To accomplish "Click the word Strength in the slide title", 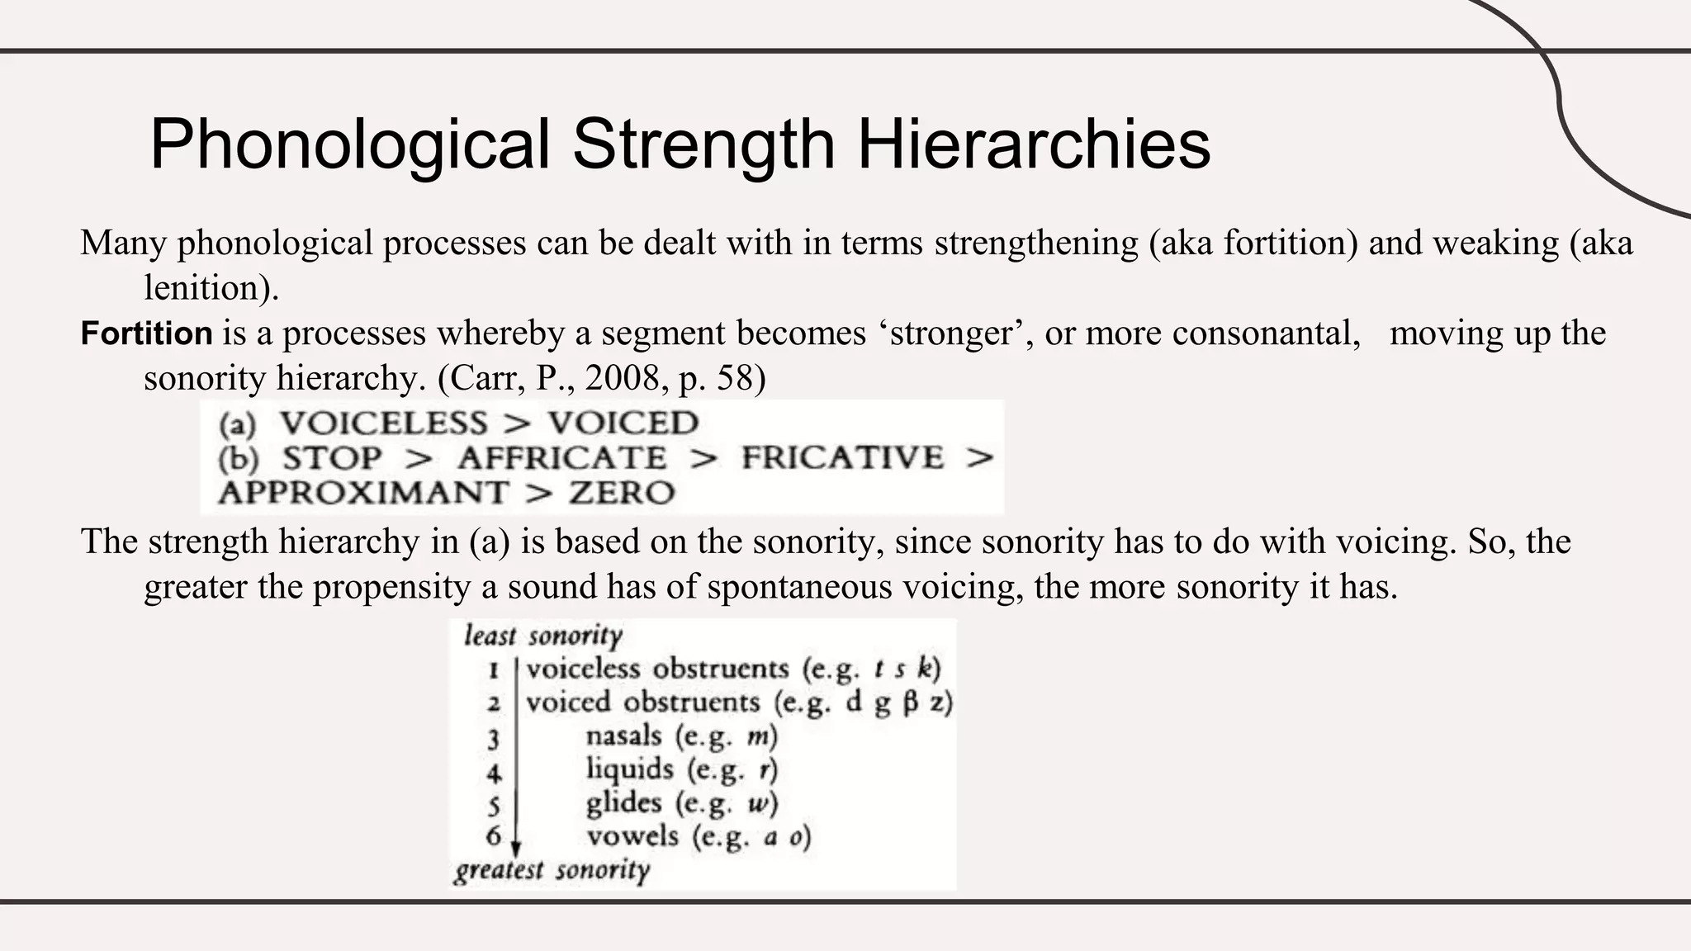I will (704, 145).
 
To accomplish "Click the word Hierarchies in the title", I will (1034, 145).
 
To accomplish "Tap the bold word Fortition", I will (147, 334).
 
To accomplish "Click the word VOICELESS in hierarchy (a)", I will (384, 423).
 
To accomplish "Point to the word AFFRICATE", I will (561, 458).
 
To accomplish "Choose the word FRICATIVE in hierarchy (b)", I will (842, 458).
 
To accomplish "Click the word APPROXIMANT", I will (363, 494).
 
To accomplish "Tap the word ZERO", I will (622, 494).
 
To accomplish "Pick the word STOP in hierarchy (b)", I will (333, 458).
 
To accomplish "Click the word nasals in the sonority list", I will (623, 736).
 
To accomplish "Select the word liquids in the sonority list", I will (629, 769).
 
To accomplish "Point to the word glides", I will (623, 803).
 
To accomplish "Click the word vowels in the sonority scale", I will (632, 837).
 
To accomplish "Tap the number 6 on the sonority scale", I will (494, 836).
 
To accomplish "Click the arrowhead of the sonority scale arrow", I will (516, 849).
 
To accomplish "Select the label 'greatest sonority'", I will (552, 871).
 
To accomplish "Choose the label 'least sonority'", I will (543, 636).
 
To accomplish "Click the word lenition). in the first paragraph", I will (211, 288).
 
